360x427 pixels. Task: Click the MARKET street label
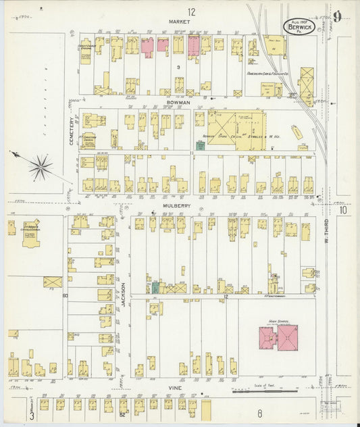pos(180,22)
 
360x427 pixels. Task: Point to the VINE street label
pos(177,388)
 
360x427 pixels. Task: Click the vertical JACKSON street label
pos(123,295)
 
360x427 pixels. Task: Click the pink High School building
pos(278,337)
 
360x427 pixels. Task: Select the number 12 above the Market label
pos(192,11)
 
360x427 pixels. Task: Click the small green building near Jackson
pos(155,288)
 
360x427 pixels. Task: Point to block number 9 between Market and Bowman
pos(178,68)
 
